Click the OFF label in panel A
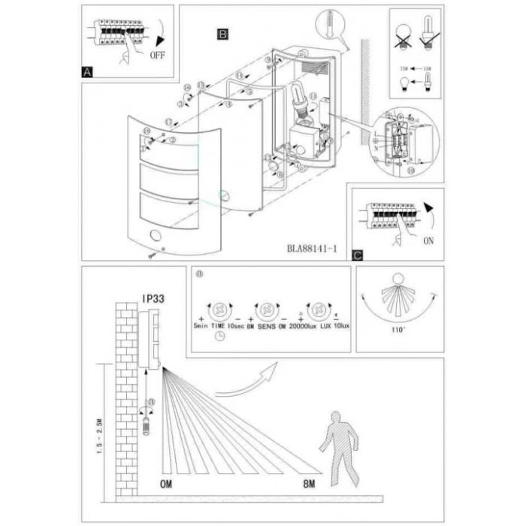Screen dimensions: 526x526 (x=158, y=55)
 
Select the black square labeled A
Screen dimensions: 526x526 (x=88, y=72)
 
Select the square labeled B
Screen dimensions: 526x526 (x=223, y=34)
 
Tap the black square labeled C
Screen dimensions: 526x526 (x=358, y=255)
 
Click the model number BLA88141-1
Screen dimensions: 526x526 (x=311, y=246)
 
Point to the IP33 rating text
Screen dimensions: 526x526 (x=153, y=298)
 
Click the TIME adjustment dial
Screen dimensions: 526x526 (x=220, y=309)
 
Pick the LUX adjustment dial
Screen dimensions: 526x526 (x=319, y=309)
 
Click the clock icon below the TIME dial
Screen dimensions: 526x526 (x=219, y=338)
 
